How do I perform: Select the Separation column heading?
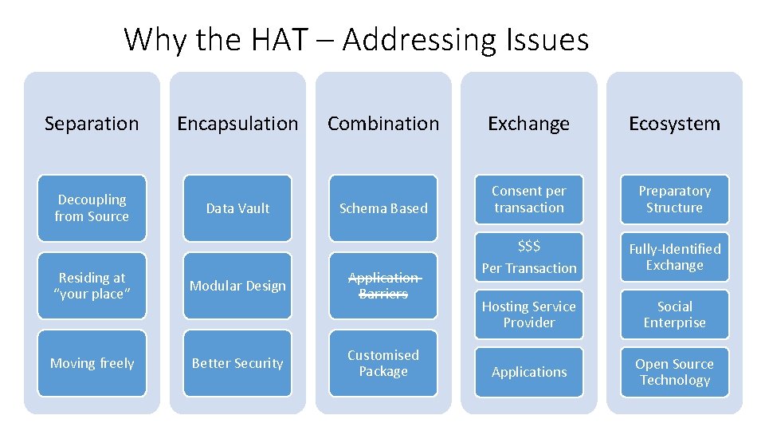(92, 124)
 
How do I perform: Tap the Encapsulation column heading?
(237, 124)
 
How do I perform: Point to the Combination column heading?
(383, 124)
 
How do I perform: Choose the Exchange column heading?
(529, 124)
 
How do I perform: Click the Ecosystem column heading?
(674, 124)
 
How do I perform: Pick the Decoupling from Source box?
(92, 208)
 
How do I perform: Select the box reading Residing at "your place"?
(92, 286)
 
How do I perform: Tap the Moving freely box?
(92, 363)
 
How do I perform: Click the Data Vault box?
(237, 208)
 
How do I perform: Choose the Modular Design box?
(237, 286)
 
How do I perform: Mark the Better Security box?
(237, 363)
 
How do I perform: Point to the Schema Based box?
(383, 208)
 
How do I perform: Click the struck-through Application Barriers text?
(383, 286)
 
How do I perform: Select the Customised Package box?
(383, 363)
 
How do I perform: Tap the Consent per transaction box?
(529, 200)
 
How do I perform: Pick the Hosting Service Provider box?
(529, 314)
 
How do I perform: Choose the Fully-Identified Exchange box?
(674, 257)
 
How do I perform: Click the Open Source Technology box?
(674, 372)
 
